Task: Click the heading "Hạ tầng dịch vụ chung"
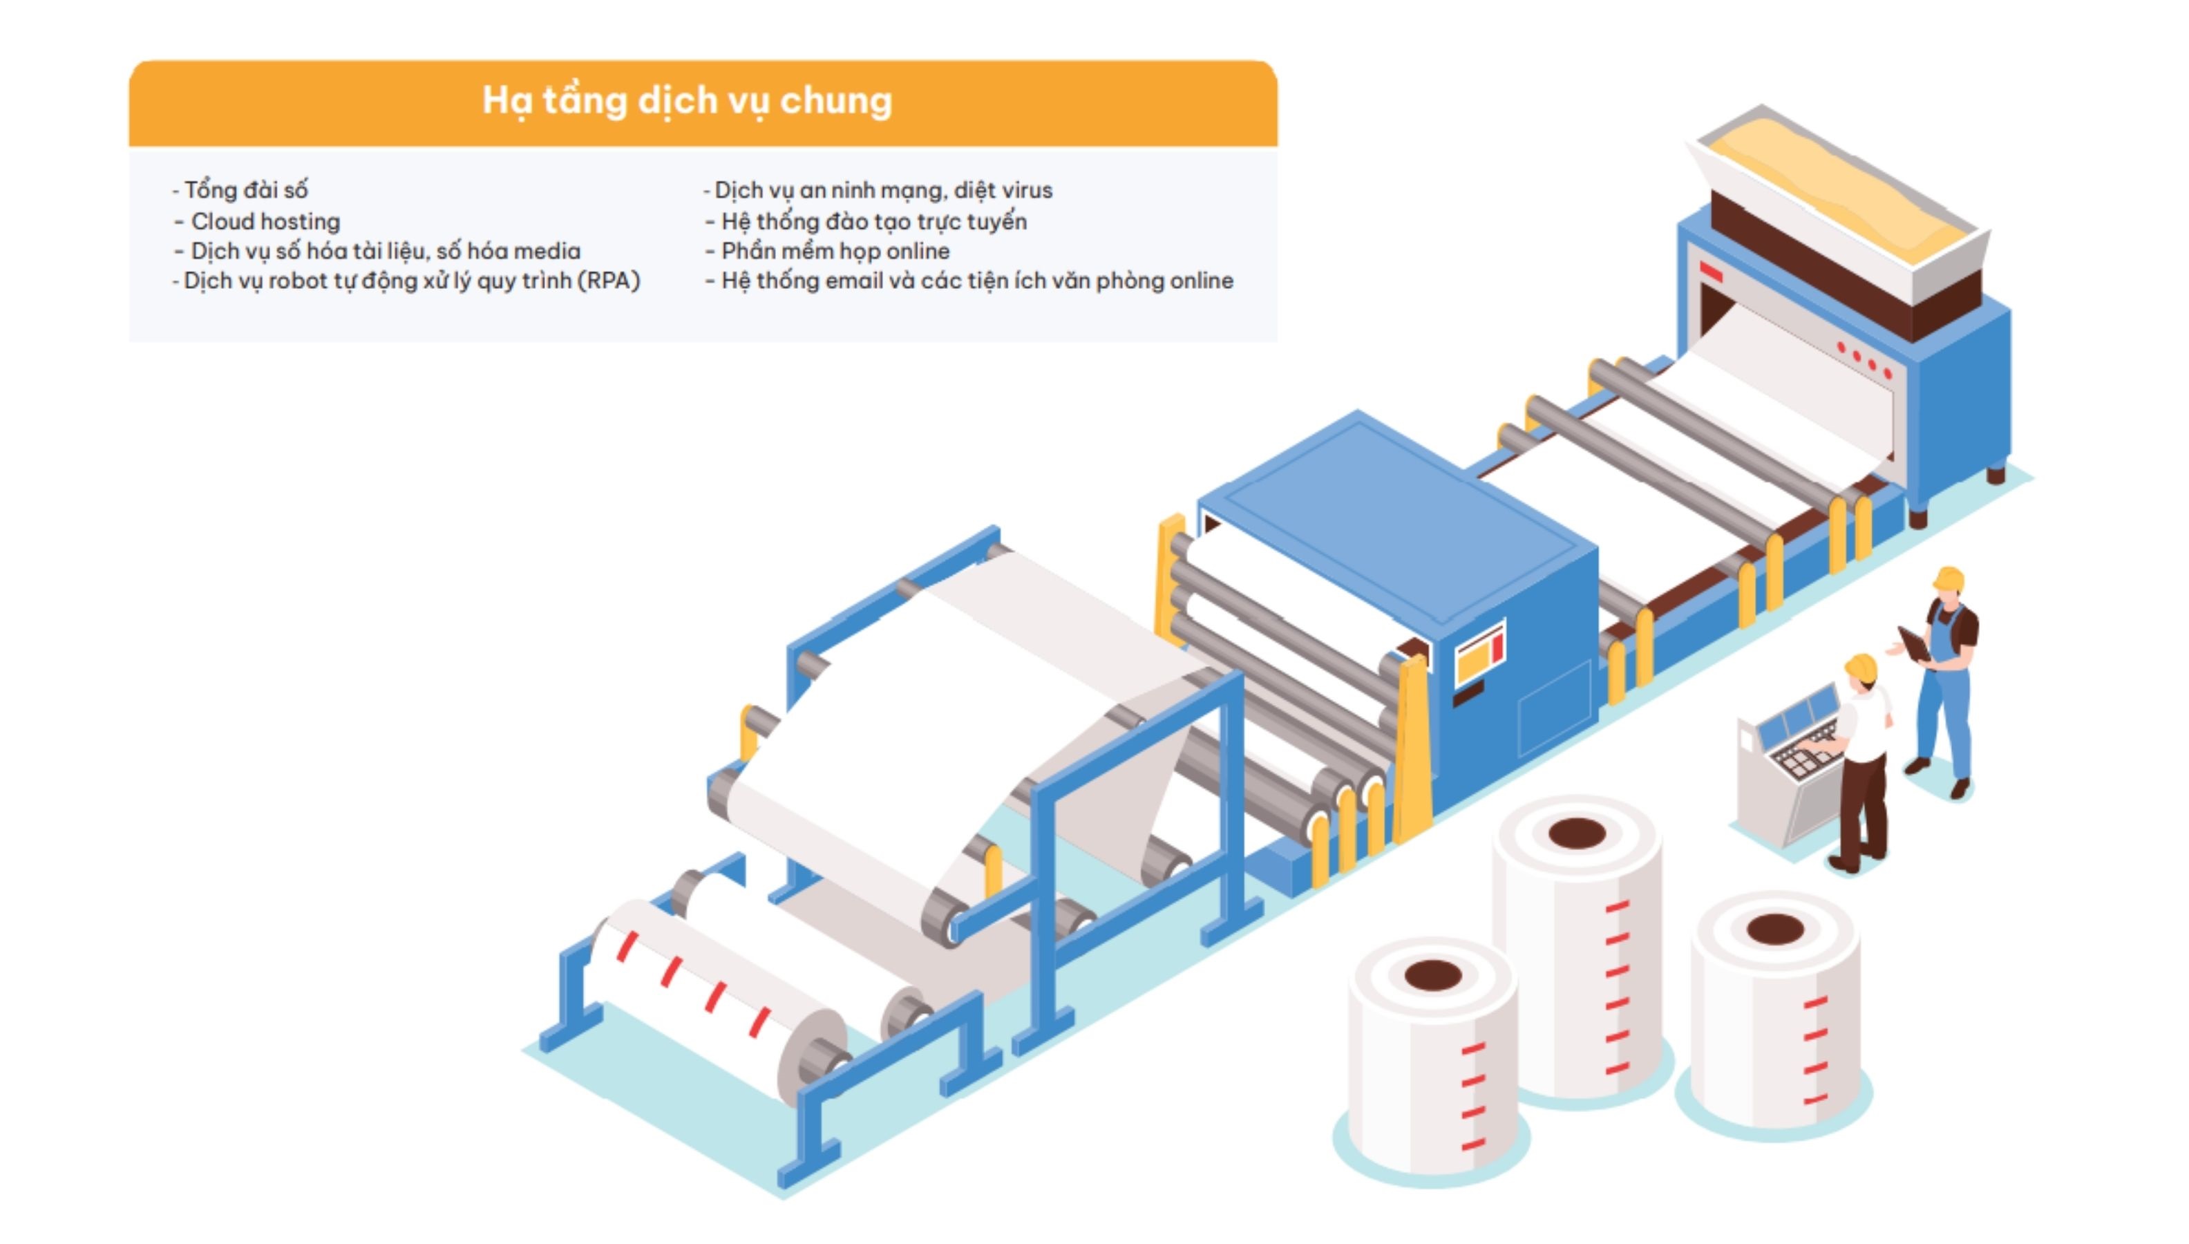tap(687, 101)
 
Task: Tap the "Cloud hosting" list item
tap(265, 221)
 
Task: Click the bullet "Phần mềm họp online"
tap(835, 251)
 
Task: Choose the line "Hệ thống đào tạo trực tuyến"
tap(873, 221)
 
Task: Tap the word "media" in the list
tap(547, 251)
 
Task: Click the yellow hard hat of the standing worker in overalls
tap(1950, 578)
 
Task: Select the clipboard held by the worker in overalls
tap(1913, 643)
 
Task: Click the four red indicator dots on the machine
tap(1864, 359)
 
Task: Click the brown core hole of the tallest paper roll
tap(1577, 832)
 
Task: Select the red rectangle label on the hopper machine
tap(1711, 272)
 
